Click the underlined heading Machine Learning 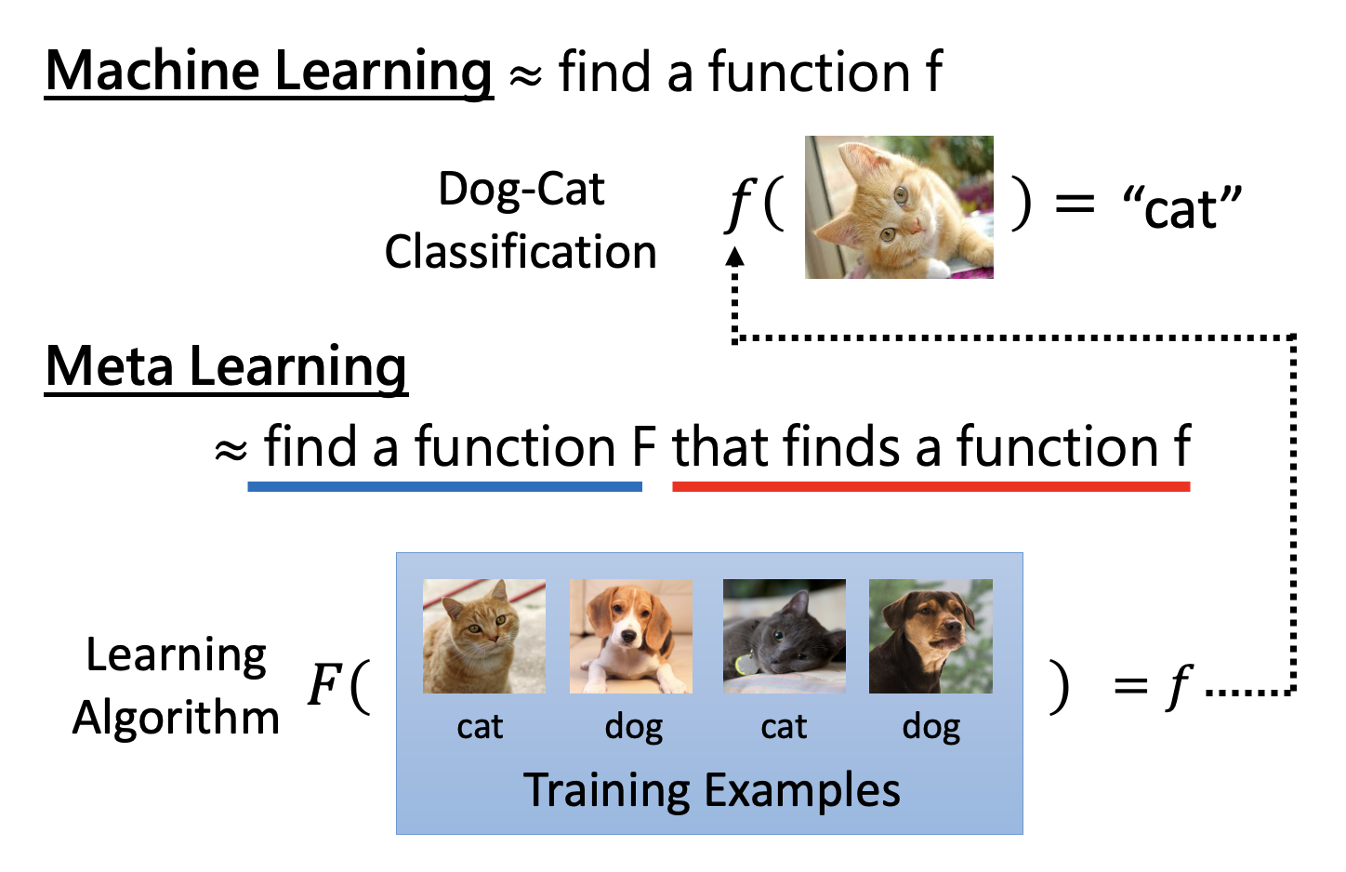(x=269, y=73)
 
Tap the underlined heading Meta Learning (x=226, y=367)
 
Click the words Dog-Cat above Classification (x=521, y=190)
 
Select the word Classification (x=521, y=252)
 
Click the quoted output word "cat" (x=1181, y=206)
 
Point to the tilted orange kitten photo (x=899, y=207)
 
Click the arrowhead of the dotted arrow (x=734, y=257)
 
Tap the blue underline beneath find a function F (x=444, y=486)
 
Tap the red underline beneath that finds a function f (x=930, y=486)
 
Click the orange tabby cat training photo (x=484, y=637)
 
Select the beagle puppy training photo (x=631, y=637)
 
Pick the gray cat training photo (x=785, y=637)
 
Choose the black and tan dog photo (x=930, y=637)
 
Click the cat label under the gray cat (x=784, y=727)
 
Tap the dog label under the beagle (x=633, y=728)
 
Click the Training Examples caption (x=711, y=790)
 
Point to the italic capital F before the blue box (x=325, y=684)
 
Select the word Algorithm (x=176, y=718)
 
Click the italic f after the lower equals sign (x=1179, y=687)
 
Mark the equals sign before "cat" (x=1075, y=202)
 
